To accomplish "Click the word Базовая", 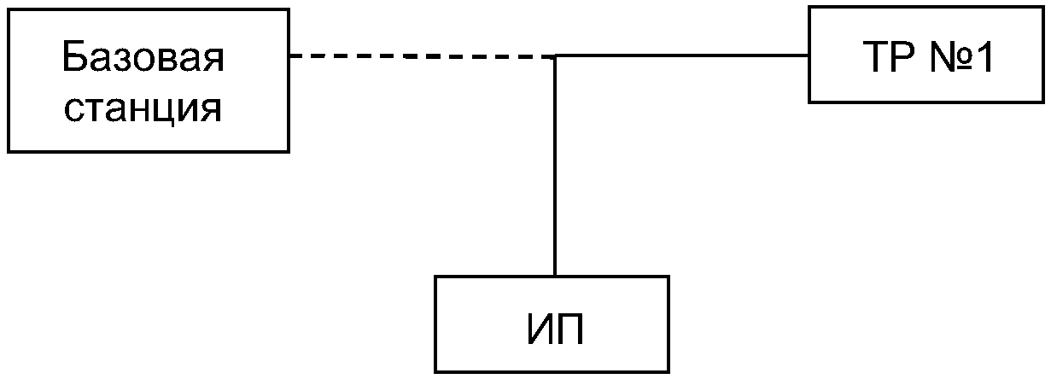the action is click(x=143, y=59).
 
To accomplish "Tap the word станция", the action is click(x=143, y=108).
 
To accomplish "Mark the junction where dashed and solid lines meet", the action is click(x=555, y=56).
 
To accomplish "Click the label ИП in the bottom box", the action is click(x=552, y=329).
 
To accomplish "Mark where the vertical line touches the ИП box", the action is click(x=555, y=276).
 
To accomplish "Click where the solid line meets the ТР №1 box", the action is click(x=809, y=56).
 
